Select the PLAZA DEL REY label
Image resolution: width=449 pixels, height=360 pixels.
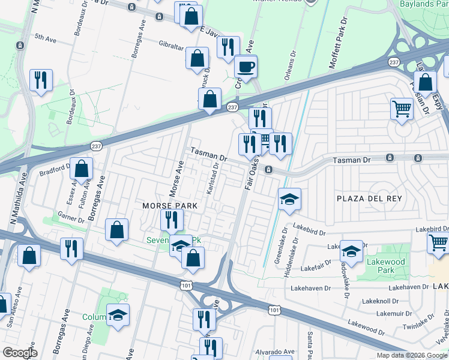368,199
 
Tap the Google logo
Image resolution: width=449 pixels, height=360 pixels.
20,353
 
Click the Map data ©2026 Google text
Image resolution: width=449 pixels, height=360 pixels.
411,355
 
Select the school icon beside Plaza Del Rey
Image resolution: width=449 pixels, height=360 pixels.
289,199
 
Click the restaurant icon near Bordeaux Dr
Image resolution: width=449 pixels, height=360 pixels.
41,80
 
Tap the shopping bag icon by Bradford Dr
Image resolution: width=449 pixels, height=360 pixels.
82,170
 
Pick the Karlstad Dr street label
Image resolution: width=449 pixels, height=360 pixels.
211,178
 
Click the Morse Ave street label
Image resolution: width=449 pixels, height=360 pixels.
178,178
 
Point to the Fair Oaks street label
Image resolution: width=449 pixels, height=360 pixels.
252,174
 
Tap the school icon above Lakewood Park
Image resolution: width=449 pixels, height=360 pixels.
351,251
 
